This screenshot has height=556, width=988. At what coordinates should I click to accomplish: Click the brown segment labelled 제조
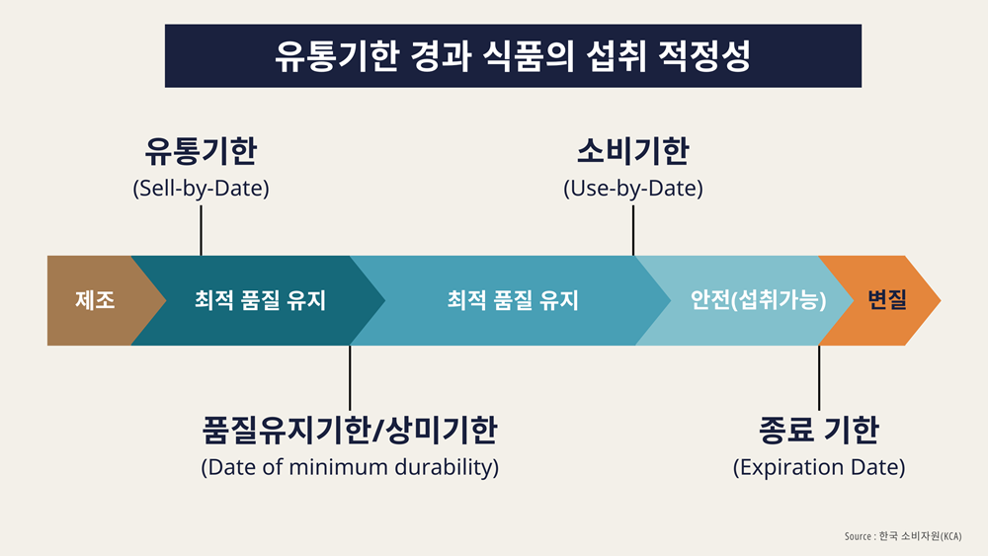[95, 300]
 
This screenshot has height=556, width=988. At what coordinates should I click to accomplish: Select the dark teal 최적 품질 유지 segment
[258, 300]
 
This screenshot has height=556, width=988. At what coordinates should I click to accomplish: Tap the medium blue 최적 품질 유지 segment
[512, 300]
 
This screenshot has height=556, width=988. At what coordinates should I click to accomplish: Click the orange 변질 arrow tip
[940, 300]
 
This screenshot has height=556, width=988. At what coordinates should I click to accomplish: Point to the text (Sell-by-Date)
[201, 189]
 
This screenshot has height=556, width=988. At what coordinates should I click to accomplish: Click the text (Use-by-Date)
[633, 189]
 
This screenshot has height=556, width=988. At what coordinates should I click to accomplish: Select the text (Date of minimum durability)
[350, 467]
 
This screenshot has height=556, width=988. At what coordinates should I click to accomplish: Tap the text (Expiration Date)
[819, 467]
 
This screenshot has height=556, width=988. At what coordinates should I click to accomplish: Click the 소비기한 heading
[633, 151]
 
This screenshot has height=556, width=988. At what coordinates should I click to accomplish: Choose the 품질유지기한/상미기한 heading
[350, 430]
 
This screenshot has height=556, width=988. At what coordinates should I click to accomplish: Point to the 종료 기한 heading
[819, 430]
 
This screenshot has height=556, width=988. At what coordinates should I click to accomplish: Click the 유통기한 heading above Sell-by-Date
[201, 151]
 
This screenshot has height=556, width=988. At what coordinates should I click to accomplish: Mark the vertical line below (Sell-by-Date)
[201, 230]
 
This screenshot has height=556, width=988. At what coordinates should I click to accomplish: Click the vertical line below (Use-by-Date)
[633, 230]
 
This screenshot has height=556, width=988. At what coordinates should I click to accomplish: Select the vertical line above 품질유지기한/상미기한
[350, 378]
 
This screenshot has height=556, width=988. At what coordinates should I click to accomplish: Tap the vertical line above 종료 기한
[819, 378]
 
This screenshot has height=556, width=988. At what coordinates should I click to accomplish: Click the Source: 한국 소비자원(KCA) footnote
[903, 536]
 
